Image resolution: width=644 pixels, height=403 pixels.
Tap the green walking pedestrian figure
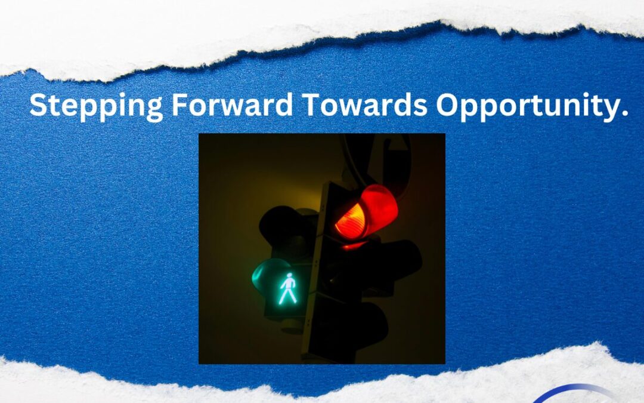(x=289, y=288)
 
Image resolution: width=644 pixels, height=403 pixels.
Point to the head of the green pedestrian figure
(x=290, y=275)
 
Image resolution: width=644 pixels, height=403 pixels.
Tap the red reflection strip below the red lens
(x=354, y=246)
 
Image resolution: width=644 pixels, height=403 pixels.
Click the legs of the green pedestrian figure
(x=287, y=296)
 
